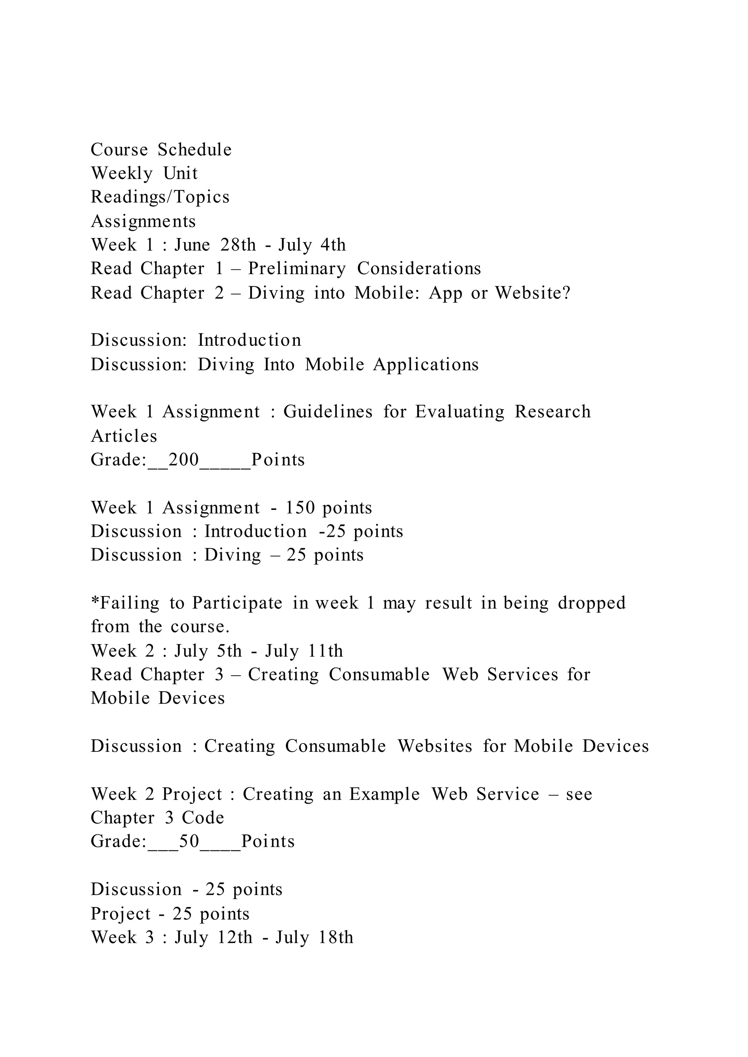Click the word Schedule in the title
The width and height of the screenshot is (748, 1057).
[194, 150]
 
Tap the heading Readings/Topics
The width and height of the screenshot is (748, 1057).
[160, 197]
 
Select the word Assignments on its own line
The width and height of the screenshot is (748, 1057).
[143, 221]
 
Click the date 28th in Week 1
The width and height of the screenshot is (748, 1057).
[238, 245]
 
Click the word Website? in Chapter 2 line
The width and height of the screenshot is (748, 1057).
[533, 293]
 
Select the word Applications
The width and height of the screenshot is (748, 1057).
[426, 365]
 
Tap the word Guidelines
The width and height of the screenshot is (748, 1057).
[328, 412]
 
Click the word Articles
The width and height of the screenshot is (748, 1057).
[124, 436]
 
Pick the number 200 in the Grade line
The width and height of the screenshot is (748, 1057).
[184, 460]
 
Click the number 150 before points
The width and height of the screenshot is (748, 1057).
[300, 508]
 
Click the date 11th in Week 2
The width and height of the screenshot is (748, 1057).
[326, 651]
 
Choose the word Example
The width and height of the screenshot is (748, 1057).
[384, 795]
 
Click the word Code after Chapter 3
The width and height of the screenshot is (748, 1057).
[203, 818]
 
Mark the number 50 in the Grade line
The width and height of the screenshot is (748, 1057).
[189, 842]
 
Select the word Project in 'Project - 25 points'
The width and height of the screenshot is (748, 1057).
[121, 914]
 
